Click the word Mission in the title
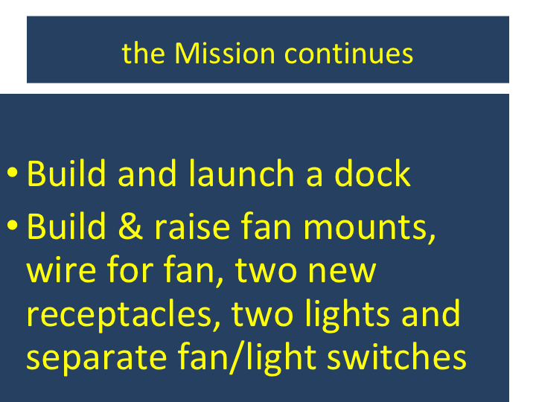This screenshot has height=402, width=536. pyautogui.click(x=225, y=54)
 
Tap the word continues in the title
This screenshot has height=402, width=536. pyautogui.click(x=348, y=54)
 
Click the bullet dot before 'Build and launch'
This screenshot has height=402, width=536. pyautogui.click(x=13, y=173)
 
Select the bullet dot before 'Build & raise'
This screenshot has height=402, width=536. pyautogui.click(x=13, y=226)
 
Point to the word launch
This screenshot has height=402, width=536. pyautogui.click(x=241, y=173)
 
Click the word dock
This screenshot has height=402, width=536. pyautogui.click(x=372, y=173)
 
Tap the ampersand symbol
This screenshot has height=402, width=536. pyautogui.click(x=130, y=226)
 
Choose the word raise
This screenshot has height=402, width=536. pyautogui.click(x=192, y=226)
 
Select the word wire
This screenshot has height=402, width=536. pyautogui.click(x=62, y=269)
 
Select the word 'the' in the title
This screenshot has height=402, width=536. pyautogui.click(x=143, y=54)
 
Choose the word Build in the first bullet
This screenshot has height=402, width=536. pyautogui.click(x=66, y=173)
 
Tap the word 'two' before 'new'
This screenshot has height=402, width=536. pyautogui.click(x=266, y=269)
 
